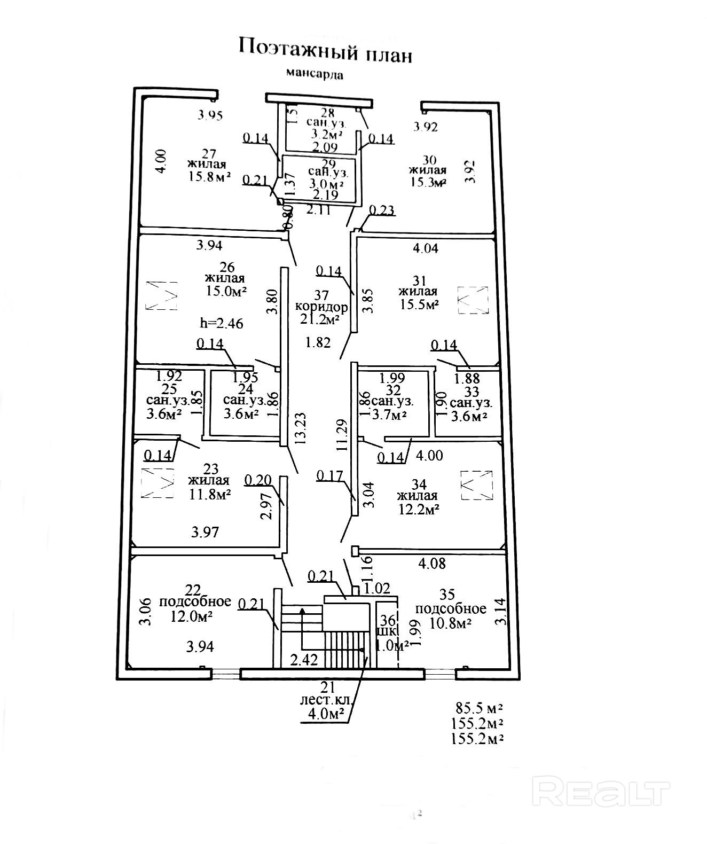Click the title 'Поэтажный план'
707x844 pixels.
coord(325,50)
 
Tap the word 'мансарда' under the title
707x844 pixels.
coord(315,73)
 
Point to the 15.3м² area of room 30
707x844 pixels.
coord(427,182)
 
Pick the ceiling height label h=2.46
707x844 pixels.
coord(221,323)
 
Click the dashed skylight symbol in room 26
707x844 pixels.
coord(162,295)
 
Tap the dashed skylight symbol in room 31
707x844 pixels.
coord(473,300)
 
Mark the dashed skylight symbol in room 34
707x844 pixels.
coord(476,485)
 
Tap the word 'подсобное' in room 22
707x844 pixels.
coord(195,601)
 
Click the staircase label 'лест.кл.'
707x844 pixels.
coord(325,701)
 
